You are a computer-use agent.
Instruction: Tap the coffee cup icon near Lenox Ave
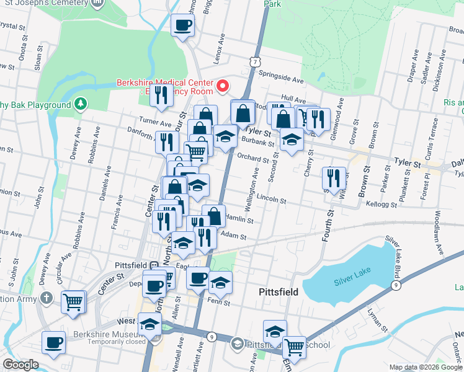(182, 26)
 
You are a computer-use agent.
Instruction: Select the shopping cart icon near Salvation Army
(73, 303)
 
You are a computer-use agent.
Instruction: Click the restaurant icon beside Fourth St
(334, 178)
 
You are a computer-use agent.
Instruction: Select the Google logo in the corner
(20, 365)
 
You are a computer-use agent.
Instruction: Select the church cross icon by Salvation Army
(46, 298)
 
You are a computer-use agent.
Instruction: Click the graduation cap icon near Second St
(291, 139)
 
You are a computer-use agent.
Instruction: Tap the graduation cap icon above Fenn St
(220, 282)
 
